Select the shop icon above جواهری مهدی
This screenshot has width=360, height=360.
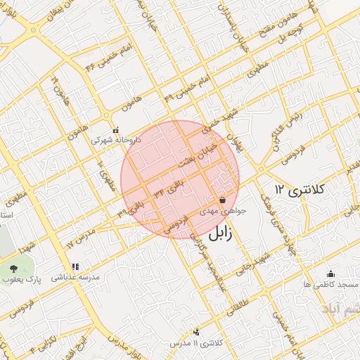(222, 200)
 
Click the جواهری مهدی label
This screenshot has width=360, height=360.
(223, 210)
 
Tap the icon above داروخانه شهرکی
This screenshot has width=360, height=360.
(116, 130)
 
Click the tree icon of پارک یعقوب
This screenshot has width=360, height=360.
(15, 268)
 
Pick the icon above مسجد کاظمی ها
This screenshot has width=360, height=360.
(330, 274)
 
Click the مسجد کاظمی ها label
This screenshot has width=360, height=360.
(330, 284)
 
